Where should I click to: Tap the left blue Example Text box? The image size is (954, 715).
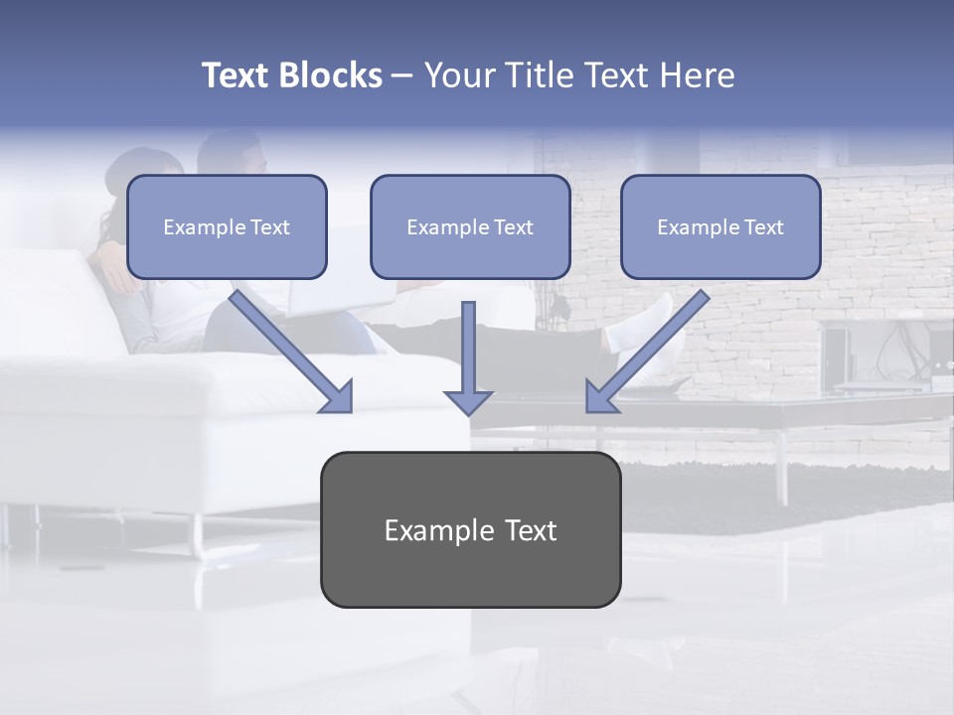tap(227, 226)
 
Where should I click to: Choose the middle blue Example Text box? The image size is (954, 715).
tap(470, 226)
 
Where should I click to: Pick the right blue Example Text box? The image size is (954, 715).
tap(720, 226)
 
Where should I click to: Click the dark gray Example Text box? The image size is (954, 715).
tap(470, 529)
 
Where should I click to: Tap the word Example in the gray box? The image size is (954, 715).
tap(438, 530)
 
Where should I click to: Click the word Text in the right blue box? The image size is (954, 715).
tap(763, 227)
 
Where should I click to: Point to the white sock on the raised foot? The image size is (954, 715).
tap(636, 323)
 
